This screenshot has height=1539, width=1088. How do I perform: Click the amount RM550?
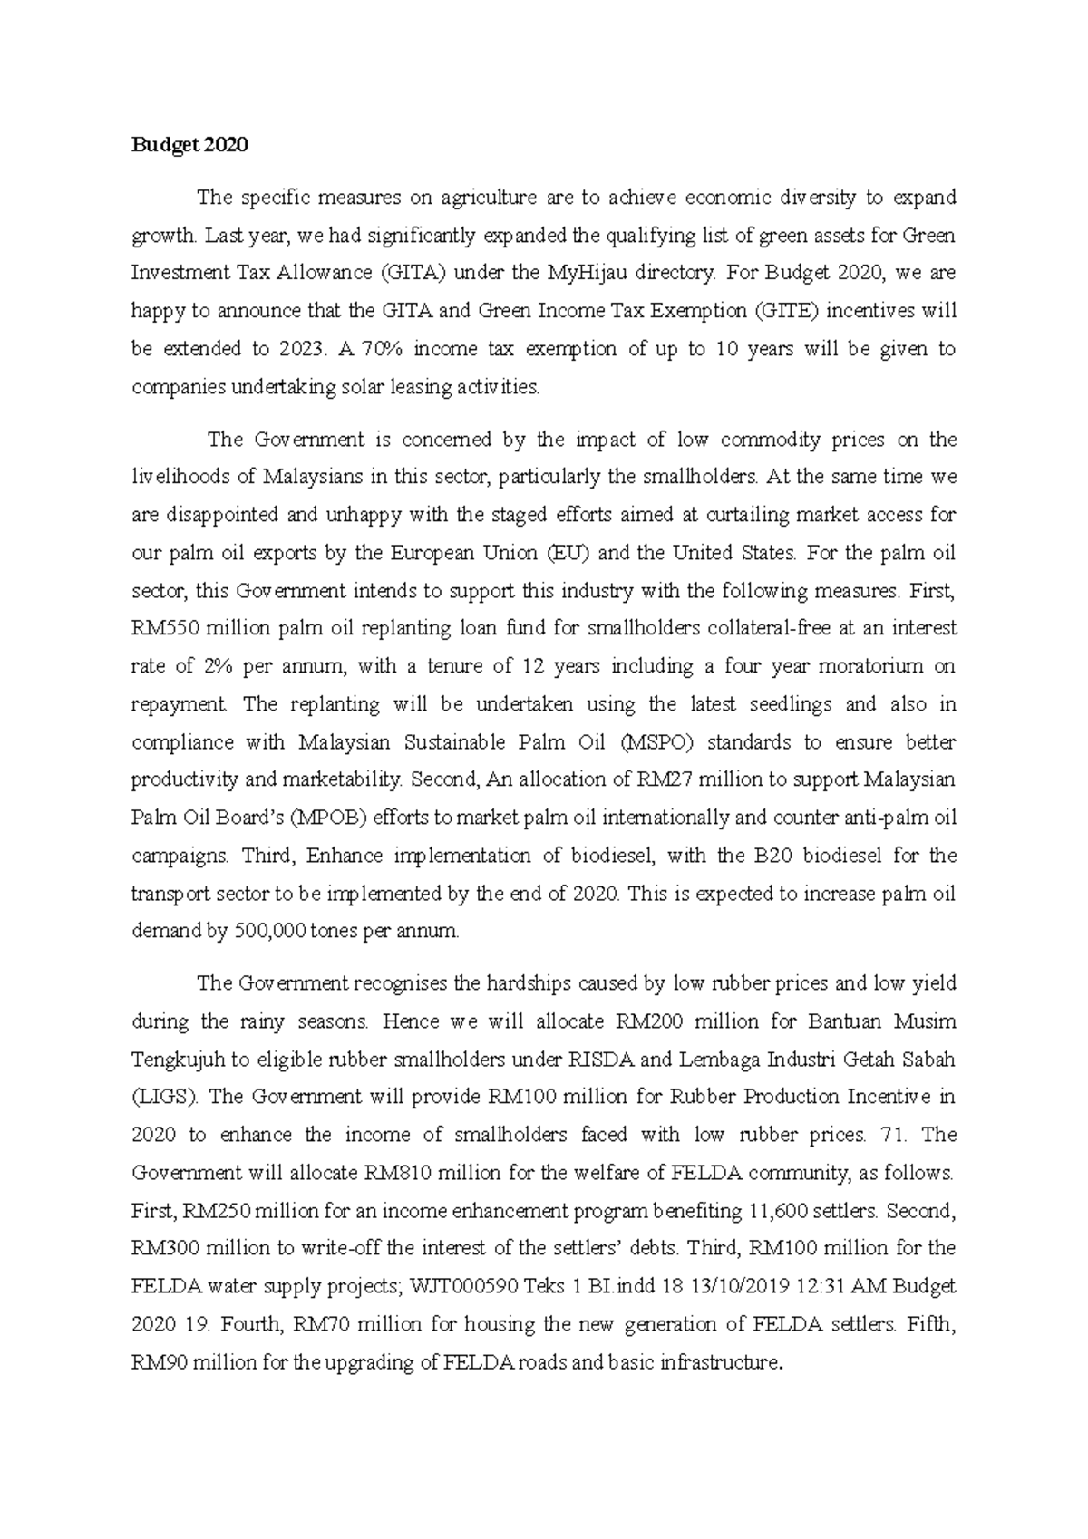click(163, 628)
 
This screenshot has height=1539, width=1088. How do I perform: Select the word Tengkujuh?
click(173, 1060)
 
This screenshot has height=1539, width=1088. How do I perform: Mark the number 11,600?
click(782, 1211)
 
